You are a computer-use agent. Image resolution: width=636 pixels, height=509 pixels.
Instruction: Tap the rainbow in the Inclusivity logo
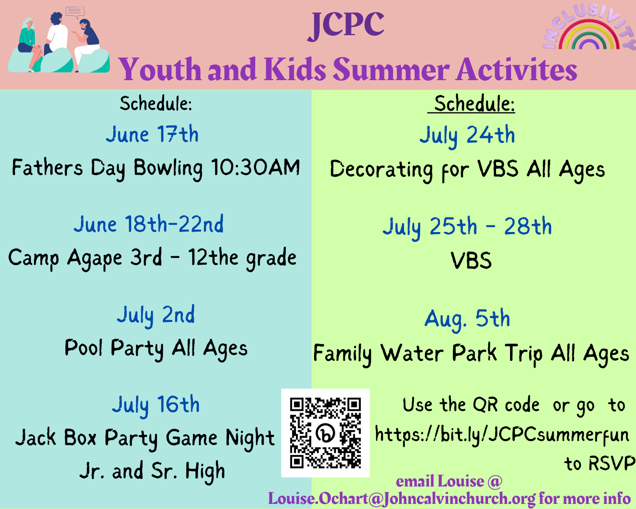(589, 37)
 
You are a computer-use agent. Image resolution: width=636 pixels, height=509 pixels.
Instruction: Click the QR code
(325, 433)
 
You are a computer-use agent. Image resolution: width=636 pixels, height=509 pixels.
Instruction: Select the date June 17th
(152, 134)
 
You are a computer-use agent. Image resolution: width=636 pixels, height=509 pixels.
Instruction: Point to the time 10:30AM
(256, 168)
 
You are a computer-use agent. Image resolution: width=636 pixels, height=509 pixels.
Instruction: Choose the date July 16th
(156, 405)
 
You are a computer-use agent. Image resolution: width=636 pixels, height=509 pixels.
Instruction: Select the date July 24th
(467, 136)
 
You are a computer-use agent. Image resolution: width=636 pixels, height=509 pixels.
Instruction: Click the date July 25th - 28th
(467, 227)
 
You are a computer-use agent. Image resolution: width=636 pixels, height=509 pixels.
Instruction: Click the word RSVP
(612, 463)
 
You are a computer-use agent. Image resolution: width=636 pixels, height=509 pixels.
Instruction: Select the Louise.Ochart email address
(402, 499)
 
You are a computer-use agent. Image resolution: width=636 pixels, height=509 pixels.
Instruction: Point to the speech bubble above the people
(75, 12)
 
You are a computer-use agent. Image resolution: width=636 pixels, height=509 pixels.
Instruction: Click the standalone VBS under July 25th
(471, 260)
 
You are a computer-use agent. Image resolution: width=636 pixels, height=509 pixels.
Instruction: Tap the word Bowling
(168, 168)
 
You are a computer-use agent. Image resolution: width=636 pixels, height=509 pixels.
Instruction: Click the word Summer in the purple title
(391, 70)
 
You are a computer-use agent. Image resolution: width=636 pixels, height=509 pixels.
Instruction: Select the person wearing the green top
(28, 45)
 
